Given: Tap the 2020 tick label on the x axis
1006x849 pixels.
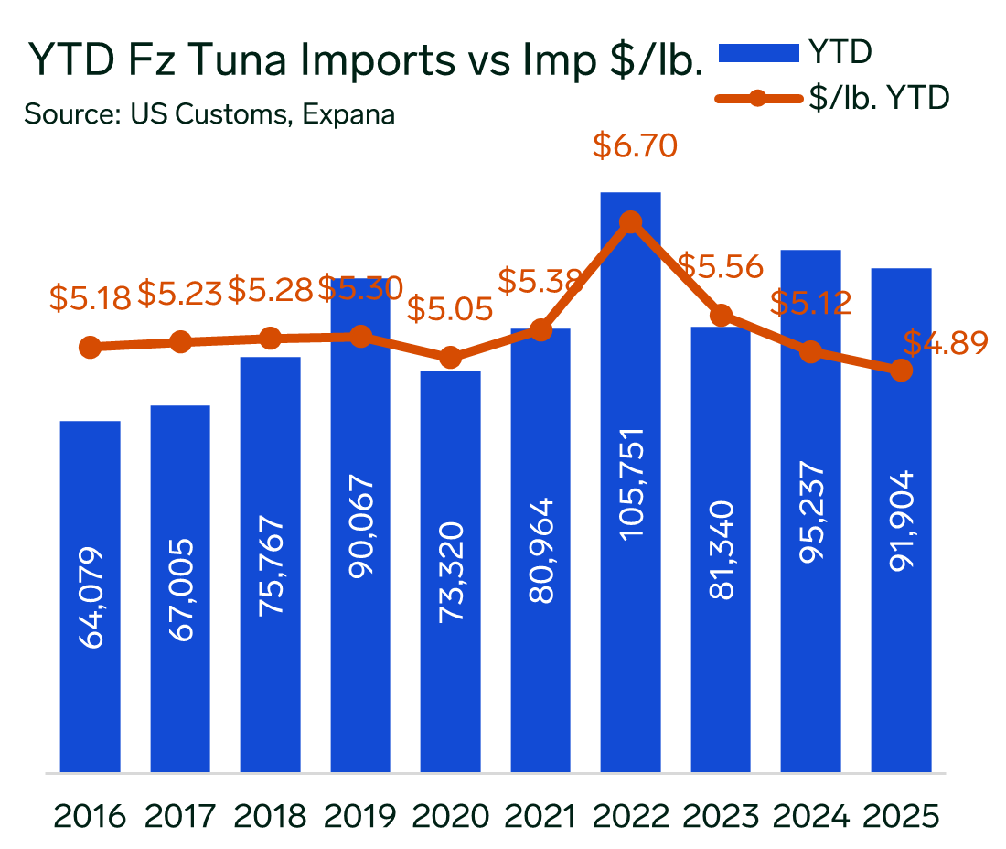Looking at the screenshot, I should (450, 814).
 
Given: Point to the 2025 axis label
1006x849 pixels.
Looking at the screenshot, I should (902, 814).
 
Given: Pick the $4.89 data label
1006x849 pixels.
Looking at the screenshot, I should (946, 342).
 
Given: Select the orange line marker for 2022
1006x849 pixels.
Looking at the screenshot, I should (630, 223).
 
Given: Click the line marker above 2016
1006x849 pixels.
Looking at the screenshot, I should (90, 348).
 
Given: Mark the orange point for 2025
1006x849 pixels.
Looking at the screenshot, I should (902, 371).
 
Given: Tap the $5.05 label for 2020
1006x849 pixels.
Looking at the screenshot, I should (449, 309).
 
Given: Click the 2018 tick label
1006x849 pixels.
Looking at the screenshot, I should (270, 814).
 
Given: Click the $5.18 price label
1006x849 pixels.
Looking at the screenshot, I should (91, 297).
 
